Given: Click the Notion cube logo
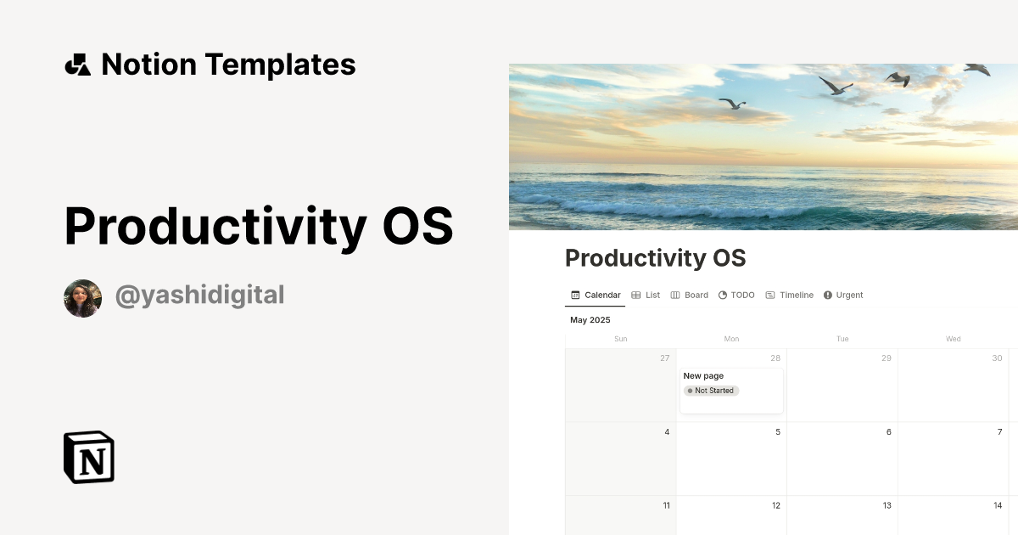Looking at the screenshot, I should [x=89, y=458].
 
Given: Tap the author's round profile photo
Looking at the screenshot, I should [x=82, y=298].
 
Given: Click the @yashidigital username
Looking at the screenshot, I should [x=199, y=296].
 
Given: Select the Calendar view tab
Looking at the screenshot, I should [x=596, y=296].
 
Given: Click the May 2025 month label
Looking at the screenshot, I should [x=590, y=320].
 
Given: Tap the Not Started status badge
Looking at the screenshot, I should [x=711, y=391].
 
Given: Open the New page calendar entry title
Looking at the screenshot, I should [x=703, y=375].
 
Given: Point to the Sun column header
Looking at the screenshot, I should [x=620, y=339].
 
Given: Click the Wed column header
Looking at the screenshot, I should [x=953, y=339].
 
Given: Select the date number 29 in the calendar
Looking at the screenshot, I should [x=886, y=358].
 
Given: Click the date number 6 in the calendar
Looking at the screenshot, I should [x=888, y=432].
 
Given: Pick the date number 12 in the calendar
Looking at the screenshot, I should [x=775, y=506].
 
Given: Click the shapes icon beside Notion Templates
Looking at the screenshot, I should [x=77, y=65].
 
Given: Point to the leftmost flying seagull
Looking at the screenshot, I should [x=732, y=104].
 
